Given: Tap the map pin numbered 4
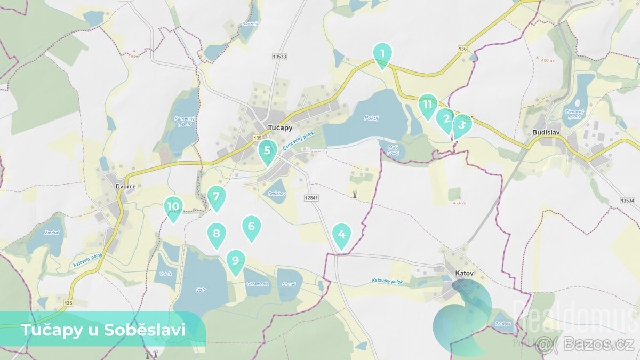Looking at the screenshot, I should coord(341,235).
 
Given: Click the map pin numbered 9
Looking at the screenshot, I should coord(235,261).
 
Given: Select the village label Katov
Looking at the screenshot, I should coord(464,274).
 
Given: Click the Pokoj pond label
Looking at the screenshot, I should coord(371,118).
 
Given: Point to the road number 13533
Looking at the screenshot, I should coord(278,57).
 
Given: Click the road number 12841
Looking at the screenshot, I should coord(311,197).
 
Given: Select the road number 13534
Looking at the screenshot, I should coord(628,201).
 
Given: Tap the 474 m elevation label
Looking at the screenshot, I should coord(460,203).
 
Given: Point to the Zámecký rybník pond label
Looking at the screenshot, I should coord(574,114).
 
